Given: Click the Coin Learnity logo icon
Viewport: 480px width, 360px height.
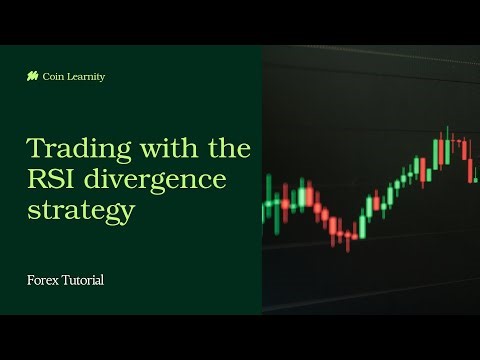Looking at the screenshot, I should click(x=32, y=76).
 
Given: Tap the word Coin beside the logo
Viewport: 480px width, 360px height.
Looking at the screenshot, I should click(x=52, y=76).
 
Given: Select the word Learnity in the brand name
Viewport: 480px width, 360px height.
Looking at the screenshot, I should click(x=83, y=76).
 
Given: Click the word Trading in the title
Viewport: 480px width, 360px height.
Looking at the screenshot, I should click(x=69, y=149).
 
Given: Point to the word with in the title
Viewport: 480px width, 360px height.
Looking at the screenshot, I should click(x=151, y=149).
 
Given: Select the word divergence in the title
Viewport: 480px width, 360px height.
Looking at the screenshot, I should click(x=156, y=180).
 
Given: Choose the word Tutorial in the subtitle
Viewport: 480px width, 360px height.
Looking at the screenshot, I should click(x=82, y=280).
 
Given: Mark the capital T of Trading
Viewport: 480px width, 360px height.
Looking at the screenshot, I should click(x=35, y=149).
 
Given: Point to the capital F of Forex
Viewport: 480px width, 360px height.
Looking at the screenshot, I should click(x=30, y=280).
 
